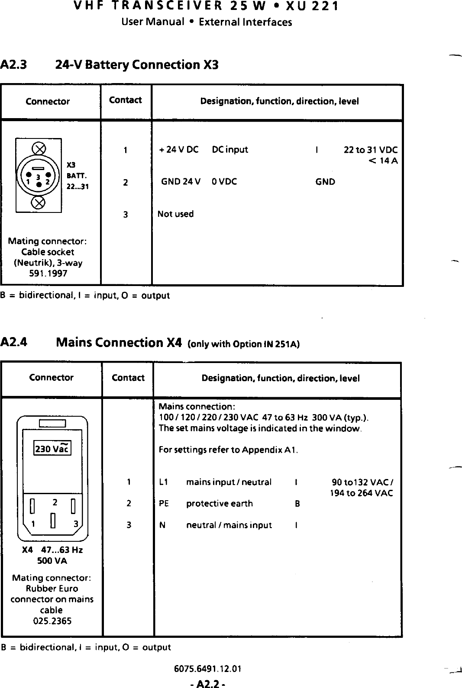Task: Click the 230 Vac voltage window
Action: (52, 449)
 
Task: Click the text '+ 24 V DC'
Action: (179, 150)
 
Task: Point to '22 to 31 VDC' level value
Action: (370, 150)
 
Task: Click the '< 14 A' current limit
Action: (383, 161)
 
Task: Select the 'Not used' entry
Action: (175, 214)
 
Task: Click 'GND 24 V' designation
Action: (181, 182)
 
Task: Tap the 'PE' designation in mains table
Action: (164, 504)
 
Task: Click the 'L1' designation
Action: (163, 482)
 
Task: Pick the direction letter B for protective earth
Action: (297, 504)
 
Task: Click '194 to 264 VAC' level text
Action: (361, 493)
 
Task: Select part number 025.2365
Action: (52, 621)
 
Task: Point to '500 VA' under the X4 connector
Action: (52, 561)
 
